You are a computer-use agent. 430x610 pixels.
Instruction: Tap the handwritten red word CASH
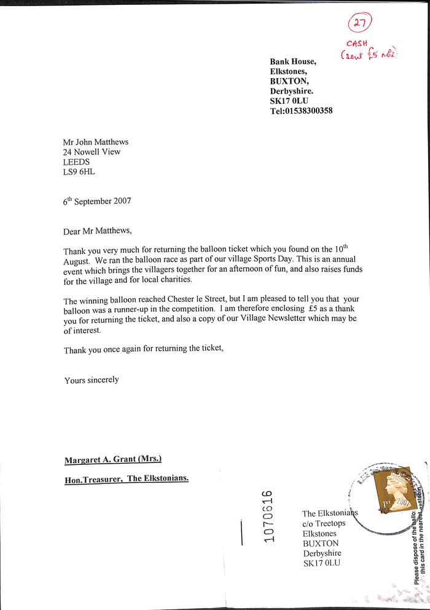coord(357,44)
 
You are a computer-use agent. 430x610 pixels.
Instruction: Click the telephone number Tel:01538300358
coord(301,111)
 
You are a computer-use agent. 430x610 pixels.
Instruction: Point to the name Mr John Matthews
coord(95,142)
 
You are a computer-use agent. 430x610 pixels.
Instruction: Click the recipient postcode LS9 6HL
coord(79,172)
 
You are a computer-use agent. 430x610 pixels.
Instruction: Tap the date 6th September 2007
coord(96,201)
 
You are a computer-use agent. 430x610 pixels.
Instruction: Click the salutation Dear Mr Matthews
coord(97,231)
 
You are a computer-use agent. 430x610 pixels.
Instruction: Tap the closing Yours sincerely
coord(92,380)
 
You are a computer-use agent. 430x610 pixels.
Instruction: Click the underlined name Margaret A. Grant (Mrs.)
coord(113,459)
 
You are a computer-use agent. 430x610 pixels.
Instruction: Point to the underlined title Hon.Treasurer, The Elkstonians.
coord(127,478)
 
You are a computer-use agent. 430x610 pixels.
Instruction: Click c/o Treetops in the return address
coord(324,523)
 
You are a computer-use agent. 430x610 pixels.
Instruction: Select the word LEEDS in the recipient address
coord(76,162)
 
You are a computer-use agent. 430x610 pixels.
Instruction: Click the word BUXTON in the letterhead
coord(289,81)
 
